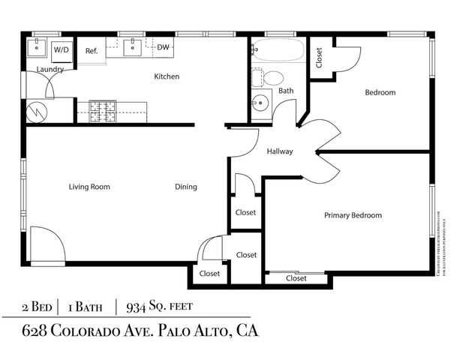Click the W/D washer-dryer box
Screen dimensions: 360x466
tap(62, 49)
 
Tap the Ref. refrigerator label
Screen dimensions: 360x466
tap(92, 51)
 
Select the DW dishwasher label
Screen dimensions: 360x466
tap(162, 48)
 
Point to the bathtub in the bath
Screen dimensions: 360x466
tap(277, 50)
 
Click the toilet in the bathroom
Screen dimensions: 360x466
tap(272, 77)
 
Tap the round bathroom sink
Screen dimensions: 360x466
tap(262, 103)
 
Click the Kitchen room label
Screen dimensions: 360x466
tap(166, 76)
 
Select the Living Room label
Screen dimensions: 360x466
tap(89, 187)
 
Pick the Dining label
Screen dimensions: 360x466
tap(186, 187)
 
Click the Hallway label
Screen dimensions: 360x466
tap(280, 152)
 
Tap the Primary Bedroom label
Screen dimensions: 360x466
tap(353, 215)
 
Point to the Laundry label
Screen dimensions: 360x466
tap(50, 70)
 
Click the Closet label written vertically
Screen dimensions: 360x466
tap(319, 58)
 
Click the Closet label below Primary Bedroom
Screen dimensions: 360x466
tap(296, 278)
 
